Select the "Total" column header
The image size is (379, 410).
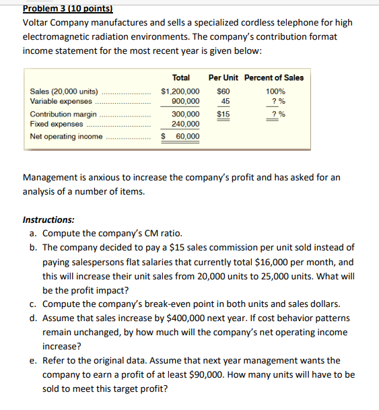pyautogui.click(x=181, y=77)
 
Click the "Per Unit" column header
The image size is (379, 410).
pyautogui.click(x=224, y=77)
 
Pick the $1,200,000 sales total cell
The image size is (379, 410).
pyautogui.click(x=180, y=91)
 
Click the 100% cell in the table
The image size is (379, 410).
pyautogui.click(x=275, y=91)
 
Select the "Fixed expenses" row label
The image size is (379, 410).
pyautogui.click(x=57, y=124)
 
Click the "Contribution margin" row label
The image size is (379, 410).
pyautogui.click(x=63, y=114)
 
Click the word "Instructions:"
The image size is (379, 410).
pyautogui.click(x=48, y=219)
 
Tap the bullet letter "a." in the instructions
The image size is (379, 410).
pyautogui.click(x=34, y=233)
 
